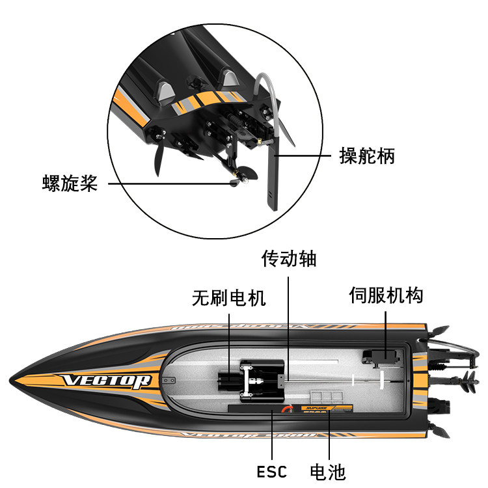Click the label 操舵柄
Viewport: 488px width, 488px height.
tap(367, 156)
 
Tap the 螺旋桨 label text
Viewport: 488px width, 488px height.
tap(70, 183)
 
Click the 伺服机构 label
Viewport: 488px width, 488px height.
tap(386, 295)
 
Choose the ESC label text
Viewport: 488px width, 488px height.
tap(271, 471)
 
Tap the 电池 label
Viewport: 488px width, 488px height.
tap(327, 471)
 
